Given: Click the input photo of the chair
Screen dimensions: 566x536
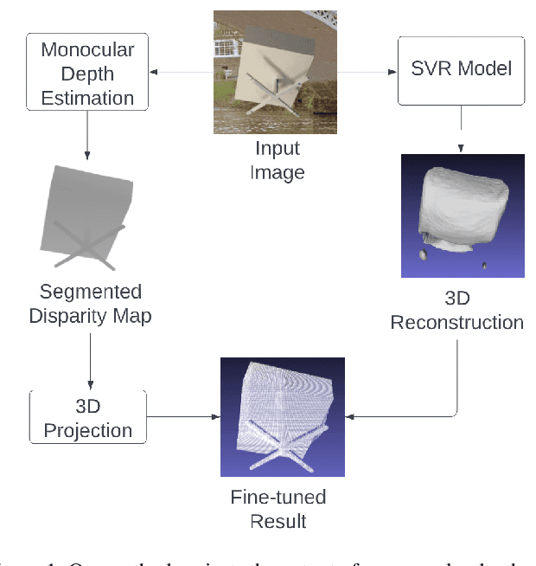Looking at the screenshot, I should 275,72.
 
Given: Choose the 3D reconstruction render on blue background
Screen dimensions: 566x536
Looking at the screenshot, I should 463,215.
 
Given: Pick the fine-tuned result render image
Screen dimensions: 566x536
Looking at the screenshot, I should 283,417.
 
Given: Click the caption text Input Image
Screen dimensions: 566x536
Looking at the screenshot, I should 278,161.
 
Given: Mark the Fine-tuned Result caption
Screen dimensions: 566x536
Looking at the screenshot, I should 279,510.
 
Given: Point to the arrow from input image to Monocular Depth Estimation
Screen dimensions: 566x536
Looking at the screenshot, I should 182,72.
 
